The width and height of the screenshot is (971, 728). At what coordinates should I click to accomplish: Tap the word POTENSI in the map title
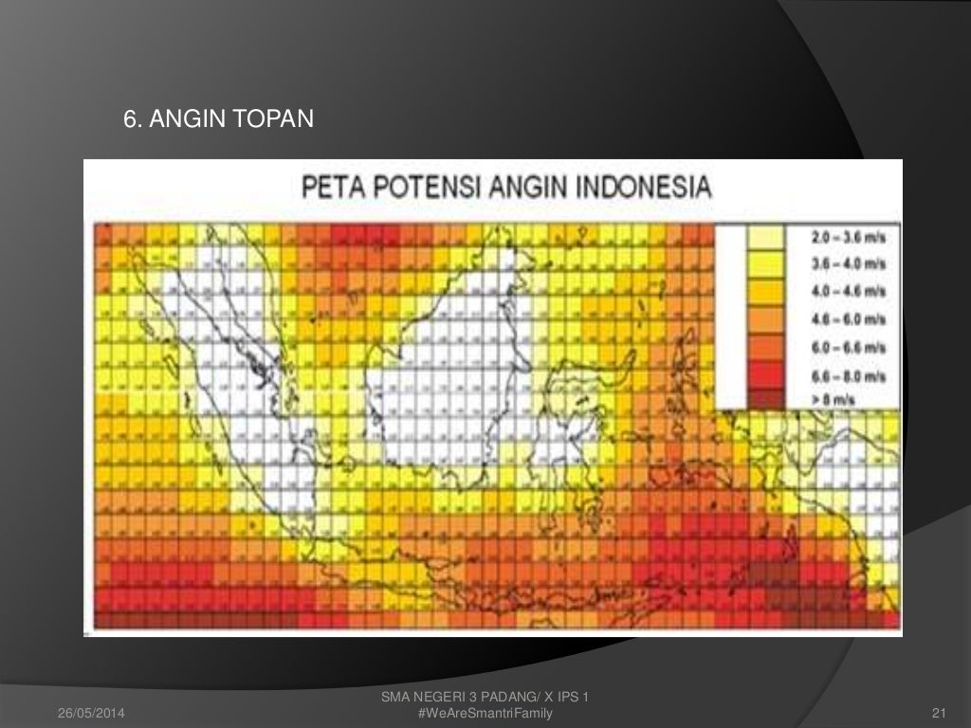(x=427, y=186)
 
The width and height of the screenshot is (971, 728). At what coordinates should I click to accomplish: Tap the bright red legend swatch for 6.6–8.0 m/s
(x=766, y=373)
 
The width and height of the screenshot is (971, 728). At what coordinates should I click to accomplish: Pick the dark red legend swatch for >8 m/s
(x=766, y=398)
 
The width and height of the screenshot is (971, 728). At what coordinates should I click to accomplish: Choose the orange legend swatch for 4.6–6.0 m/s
(x=766, y=318)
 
